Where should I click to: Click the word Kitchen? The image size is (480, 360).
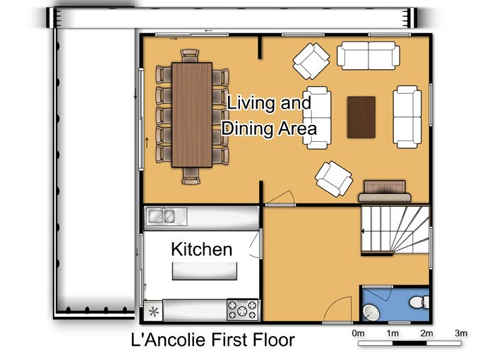click(201, 249)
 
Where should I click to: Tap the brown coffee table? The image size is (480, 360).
click(361, 117)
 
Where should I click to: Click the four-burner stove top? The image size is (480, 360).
click(242, 309)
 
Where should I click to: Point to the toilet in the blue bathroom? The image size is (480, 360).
click(419, 302)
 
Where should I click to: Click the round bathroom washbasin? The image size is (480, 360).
click(371, 312)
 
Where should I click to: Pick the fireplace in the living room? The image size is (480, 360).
click(385, 191)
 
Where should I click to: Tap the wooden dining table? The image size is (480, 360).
click(192, 115)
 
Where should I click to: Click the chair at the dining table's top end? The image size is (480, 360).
click(190, 56)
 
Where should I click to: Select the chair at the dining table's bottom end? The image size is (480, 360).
click(191, 176)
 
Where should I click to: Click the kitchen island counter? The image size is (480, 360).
click(205, 271)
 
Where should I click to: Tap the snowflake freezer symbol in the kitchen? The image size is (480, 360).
click(153, 312)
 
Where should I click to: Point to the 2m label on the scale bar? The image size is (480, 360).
click(426, 333)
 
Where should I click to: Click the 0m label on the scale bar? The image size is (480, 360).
click(358, 333)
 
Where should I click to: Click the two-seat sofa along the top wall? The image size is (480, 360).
click(368, 56)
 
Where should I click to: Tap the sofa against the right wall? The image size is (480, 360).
click(407, 117)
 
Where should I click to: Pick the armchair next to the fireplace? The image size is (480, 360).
click(334, 179)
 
